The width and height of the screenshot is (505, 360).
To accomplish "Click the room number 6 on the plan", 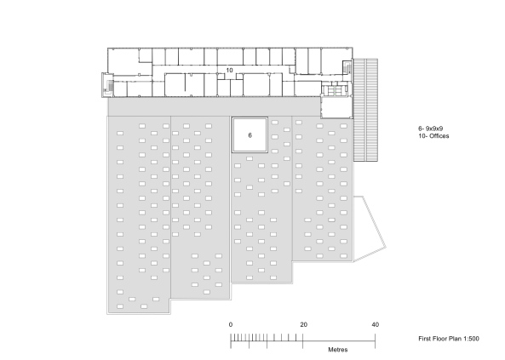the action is pyautogui.click(x=250, y=135).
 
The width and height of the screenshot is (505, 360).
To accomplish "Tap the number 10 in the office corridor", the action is pyautogui.click(x=229, y=70).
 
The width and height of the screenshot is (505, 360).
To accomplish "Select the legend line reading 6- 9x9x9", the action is pyautogui.click(x=431, y=129).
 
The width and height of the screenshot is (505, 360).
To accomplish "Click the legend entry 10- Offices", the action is pyautogui.click(x=433, y=136).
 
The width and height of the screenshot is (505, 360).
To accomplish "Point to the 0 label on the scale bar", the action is pyautogui.click(x=231, y=324).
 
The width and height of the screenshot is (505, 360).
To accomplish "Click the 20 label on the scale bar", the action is pyautogui.click(x=304, y=324).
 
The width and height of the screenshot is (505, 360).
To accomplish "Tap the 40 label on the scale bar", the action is pyautogui.click(x=376, y=324).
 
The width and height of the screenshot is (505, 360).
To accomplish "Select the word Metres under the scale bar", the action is pyautogui.click(x=338, y=350).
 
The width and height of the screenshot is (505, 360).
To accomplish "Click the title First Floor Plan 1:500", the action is pyautogui.click(x=449, y=339).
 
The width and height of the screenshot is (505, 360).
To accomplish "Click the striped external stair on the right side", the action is pyautogui.click(x=366, y=110).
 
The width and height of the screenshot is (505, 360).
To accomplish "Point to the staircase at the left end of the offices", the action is pyautogui.click(x=107, y=85).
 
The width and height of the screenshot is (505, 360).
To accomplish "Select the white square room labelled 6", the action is pyautogui.click(x=250, y=135).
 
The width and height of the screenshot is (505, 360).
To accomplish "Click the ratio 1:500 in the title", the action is pyautogui.click(x=471, y=339).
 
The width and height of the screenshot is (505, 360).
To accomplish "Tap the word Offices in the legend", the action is pyautogui.click(x=439, y=136).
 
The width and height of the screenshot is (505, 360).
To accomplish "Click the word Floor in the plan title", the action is pyautogui.click(x=437, y=339).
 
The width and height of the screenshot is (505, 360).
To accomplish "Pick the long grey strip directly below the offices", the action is pyautogui.click(x=214, y=106).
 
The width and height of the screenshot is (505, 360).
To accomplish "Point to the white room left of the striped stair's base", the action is pyautogui.click(x=335, y=107).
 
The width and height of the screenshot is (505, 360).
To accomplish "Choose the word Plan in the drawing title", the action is pyautogui.click(x=454, y=339).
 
